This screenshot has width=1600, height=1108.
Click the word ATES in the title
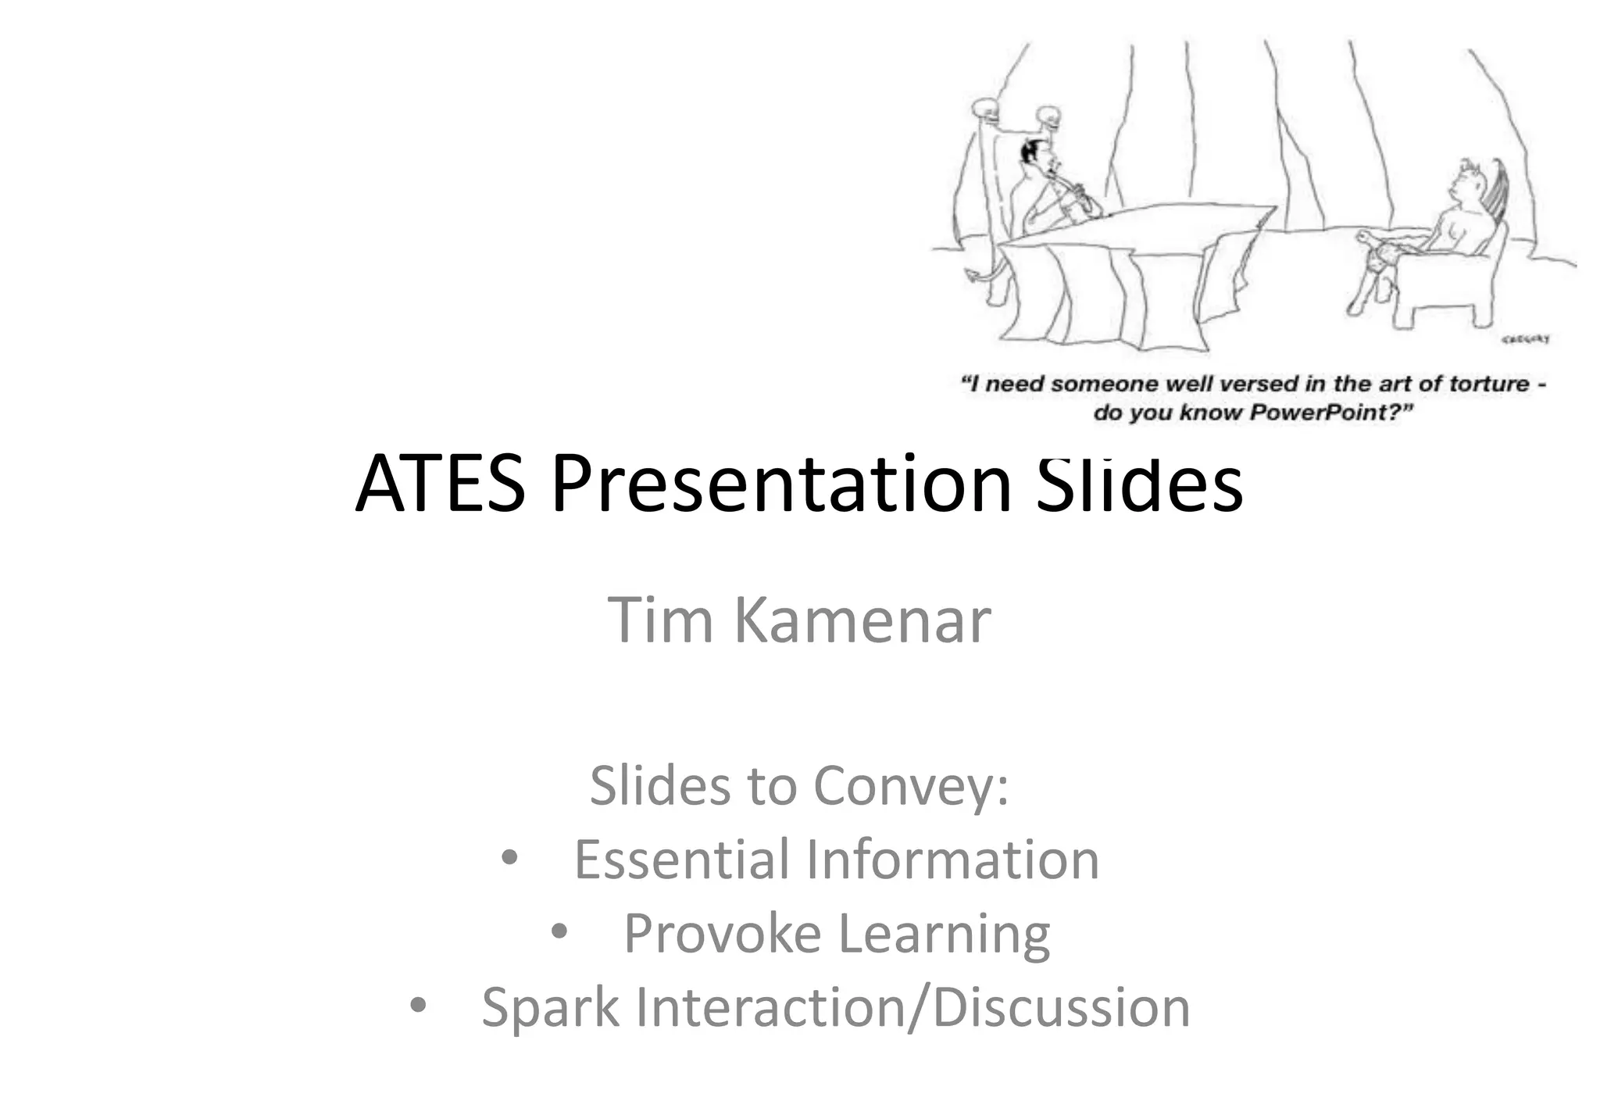441,484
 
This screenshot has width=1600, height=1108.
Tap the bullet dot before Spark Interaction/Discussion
418,1006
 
